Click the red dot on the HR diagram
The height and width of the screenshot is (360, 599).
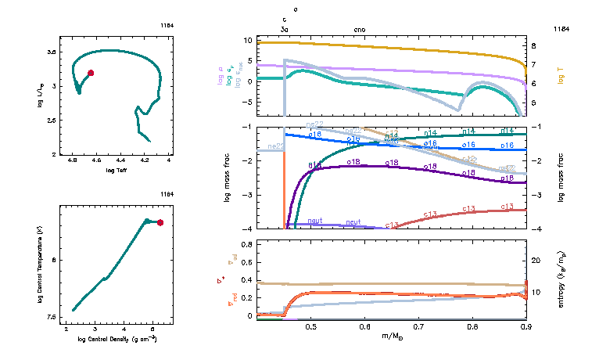[91, 73]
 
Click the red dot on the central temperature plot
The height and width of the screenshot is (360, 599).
[160, 222]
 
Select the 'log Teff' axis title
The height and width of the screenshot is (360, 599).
[115, 170]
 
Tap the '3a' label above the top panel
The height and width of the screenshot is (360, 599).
[285, 29]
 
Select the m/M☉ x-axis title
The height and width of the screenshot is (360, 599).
[392, 336]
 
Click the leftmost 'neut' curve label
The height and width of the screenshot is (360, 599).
[315, 221]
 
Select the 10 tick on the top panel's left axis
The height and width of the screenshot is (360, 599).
[247, 40]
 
